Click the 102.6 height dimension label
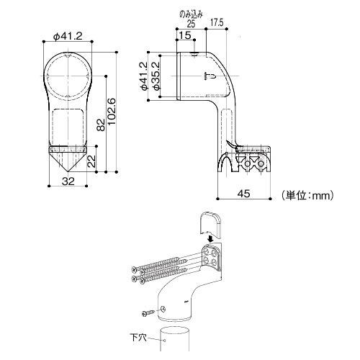coord(112,112)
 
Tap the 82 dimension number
coord(101,125)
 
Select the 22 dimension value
coord(91,161)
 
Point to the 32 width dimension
coord(68,181)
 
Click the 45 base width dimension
coord(244,194)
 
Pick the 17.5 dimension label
coord(217,22)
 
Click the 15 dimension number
coord(185,35)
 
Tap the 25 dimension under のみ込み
coord(191,24)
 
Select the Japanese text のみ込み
coord(192,14)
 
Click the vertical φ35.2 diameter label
coord(156,76)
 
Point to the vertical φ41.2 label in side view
coord(143,76)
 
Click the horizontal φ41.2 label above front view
coord(68,37)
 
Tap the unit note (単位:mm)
coord(307,195)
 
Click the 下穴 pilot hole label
coord(138,338)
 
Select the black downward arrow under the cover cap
coord(211,239)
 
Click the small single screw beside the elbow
coord(148,313)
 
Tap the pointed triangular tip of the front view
coord(68,171)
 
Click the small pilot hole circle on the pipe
coord(164,341)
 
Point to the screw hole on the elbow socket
coord(163,309)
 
